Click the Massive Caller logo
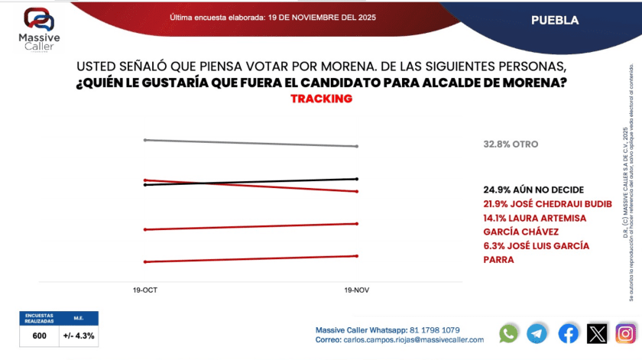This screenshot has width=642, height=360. (37, 30)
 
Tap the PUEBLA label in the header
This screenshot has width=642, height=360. (555, 21)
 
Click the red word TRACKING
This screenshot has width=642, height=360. (321, 99)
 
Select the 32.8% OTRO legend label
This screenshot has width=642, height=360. (511, 144)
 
